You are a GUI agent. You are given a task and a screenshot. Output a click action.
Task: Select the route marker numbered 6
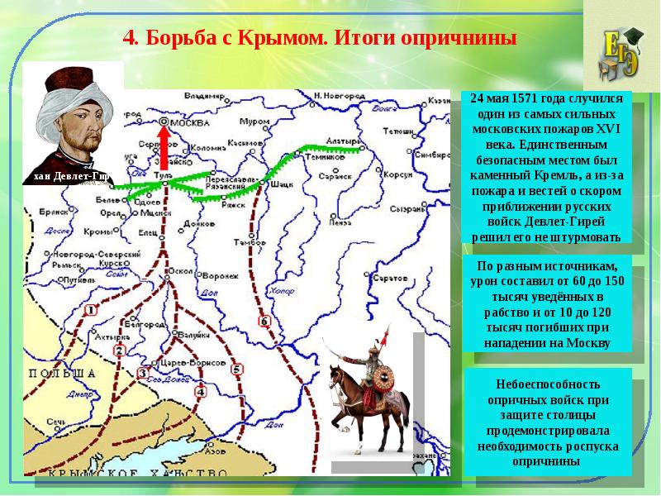click(x=264, y=321)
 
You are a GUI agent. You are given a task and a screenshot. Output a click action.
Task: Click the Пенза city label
click(x=338, y=222)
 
